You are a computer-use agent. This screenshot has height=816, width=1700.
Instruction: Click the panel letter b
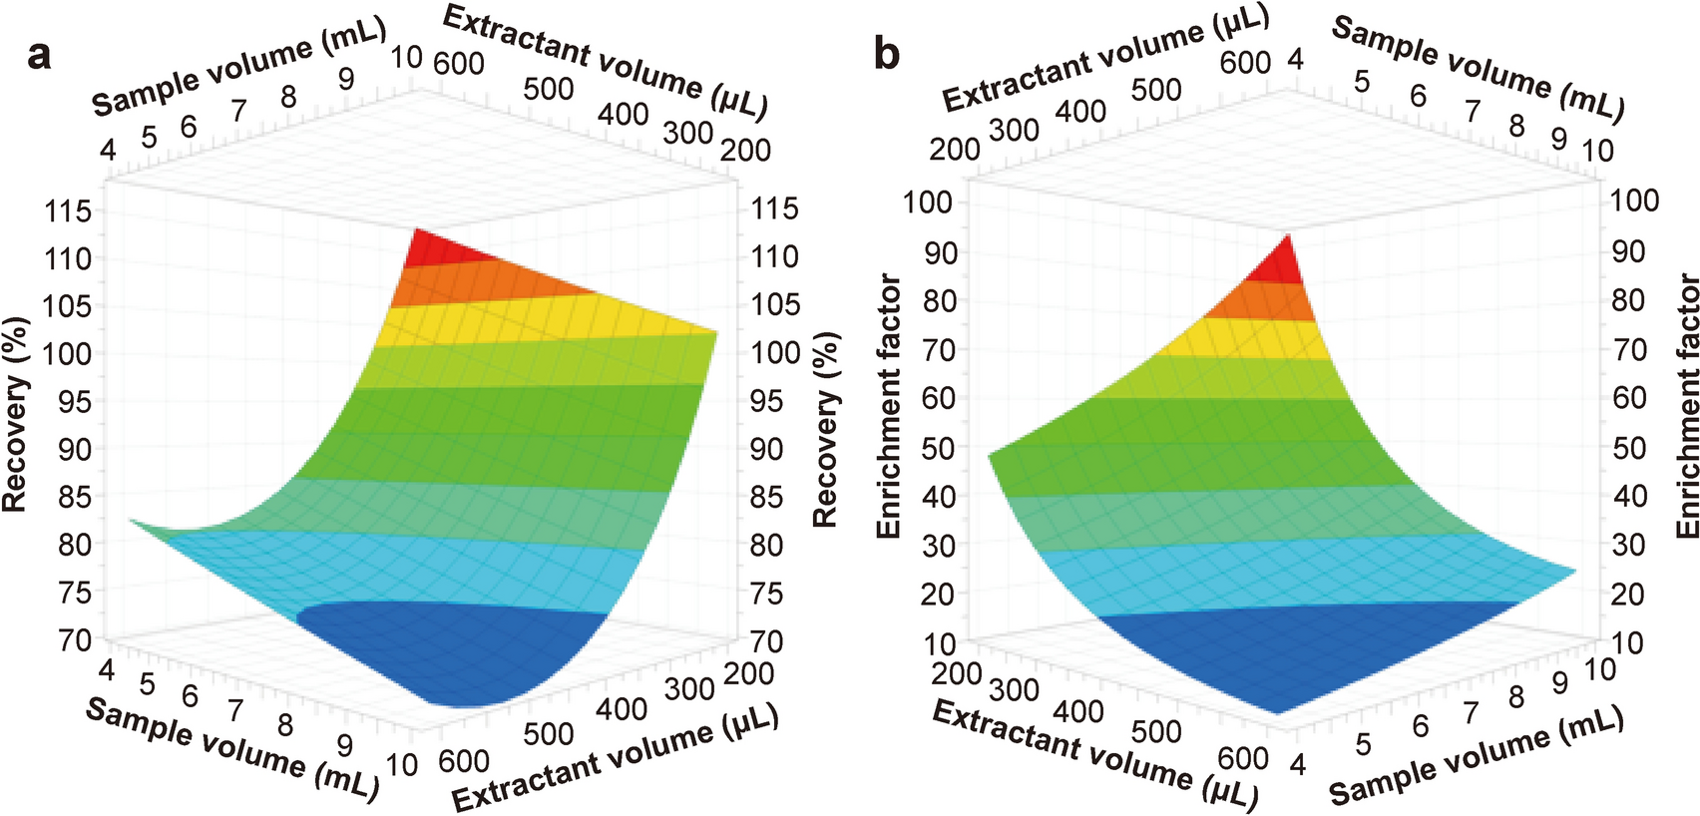886,54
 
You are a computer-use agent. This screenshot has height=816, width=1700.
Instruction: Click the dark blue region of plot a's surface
449,648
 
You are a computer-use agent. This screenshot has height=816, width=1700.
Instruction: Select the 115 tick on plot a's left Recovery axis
68,210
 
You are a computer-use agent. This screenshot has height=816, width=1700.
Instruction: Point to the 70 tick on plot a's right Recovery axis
766,640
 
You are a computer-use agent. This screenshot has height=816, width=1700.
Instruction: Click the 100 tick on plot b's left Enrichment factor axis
928,202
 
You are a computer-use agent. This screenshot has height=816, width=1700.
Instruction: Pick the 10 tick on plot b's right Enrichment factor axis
1626,642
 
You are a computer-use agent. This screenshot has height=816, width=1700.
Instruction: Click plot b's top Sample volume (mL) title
1478,68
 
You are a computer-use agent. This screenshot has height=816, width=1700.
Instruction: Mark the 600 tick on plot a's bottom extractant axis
463,760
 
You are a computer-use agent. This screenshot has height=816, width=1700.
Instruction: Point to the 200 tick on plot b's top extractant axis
955,150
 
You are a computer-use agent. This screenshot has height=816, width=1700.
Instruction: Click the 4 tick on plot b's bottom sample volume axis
1296,764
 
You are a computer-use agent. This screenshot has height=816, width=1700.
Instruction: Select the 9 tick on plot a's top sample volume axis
345,78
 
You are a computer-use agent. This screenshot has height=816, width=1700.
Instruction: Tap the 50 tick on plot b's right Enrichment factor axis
1628,448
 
